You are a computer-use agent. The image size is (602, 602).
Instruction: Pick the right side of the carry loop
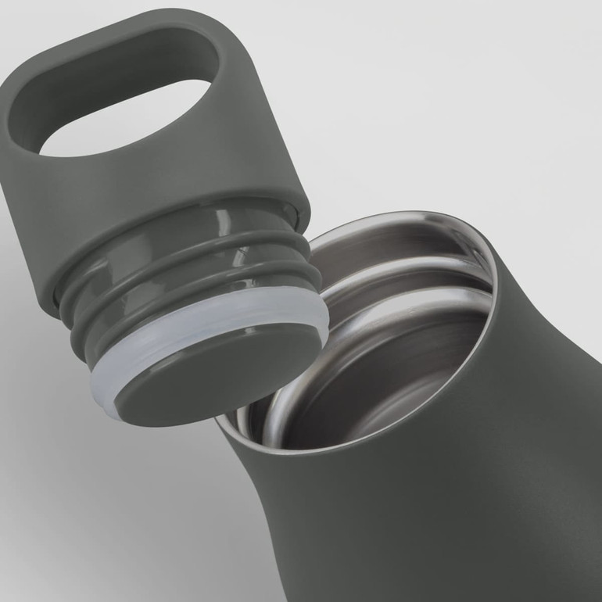pos(235,86)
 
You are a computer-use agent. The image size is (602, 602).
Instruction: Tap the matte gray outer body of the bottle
pos(469,485)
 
